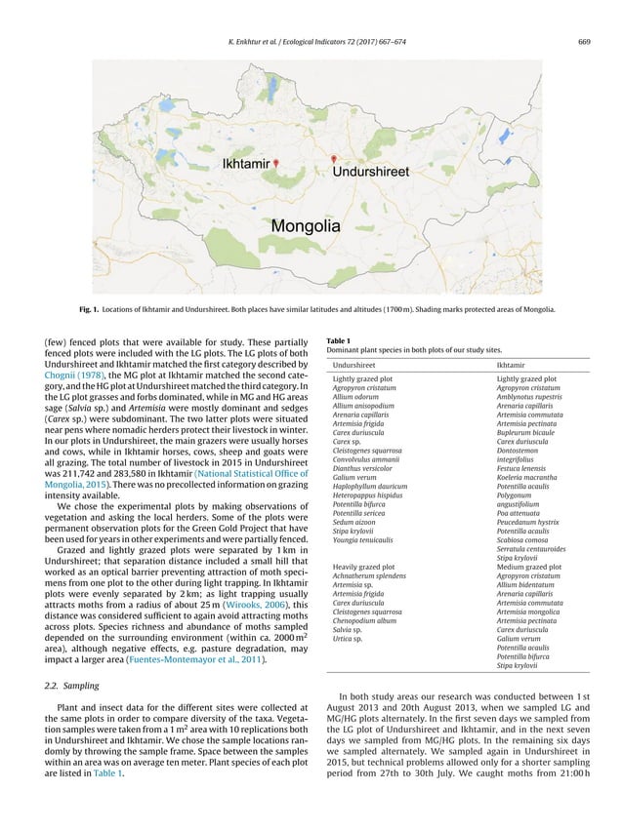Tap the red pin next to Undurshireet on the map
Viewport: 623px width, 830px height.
(333, 159)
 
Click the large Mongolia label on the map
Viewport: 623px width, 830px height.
(306, 226)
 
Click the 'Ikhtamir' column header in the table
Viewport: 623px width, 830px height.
(515, 364)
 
